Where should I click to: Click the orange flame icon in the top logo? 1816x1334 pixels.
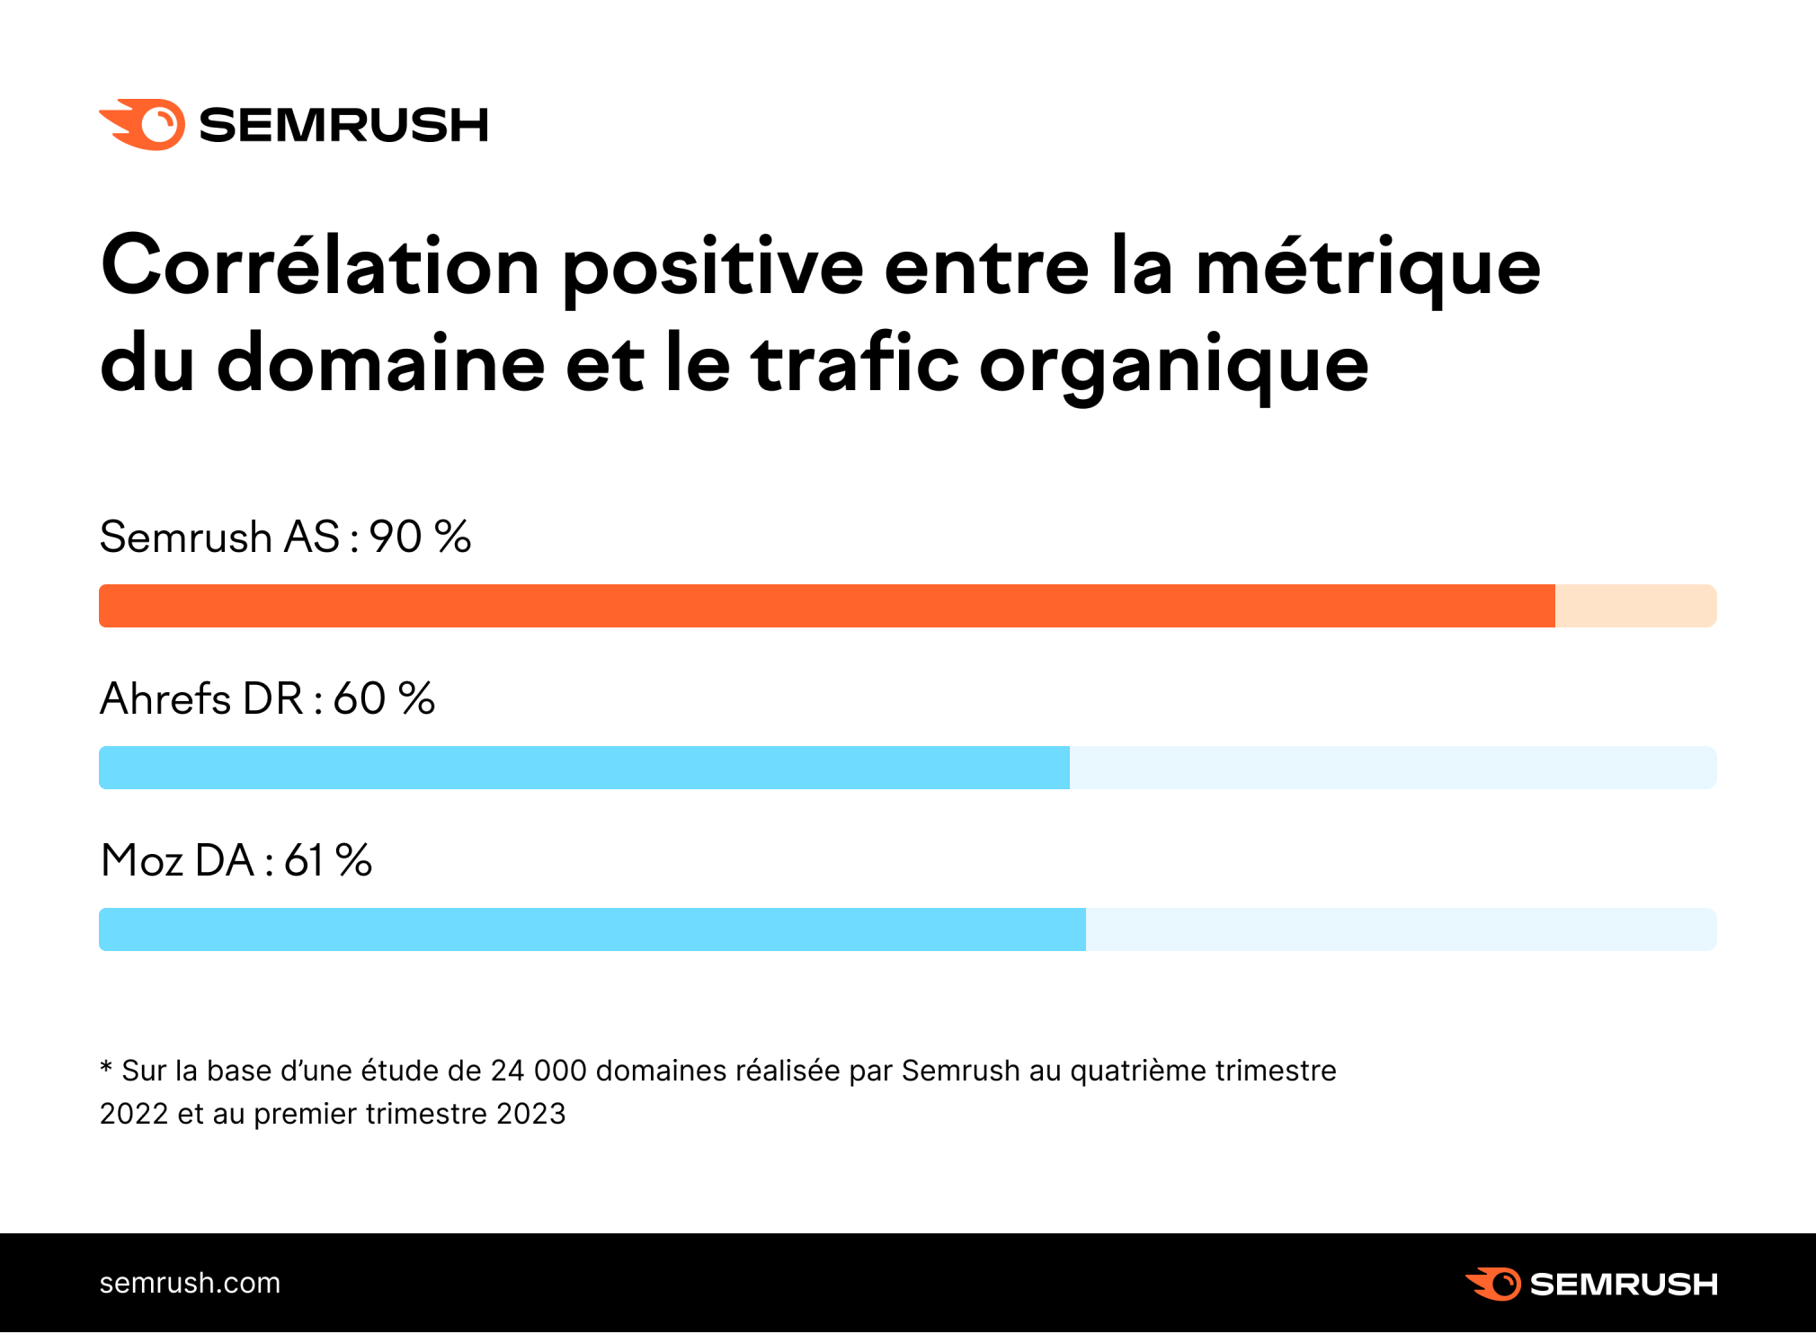click(x=144, y=124)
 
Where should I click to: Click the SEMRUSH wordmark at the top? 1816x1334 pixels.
click(x=343, y=125)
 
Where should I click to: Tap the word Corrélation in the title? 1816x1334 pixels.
click(x=320, y=266)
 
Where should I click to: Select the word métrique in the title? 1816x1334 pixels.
click(x=1367, y=268)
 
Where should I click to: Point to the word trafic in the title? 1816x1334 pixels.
click(x=855, y=363)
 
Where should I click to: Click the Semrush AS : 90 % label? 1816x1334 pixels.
click(x=285, y=538)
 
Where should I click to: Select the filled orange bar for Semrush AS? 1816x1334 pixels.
click(x=826, y=606)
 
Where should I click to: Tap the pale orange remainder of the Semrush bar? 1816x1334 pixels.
click(x=1635, y=606)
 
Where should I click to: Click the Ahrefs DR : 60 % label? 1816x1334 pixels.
click(x=267, y=698)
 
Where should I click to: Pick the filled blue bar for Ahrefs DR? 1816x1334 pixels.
click(x=583, y=768)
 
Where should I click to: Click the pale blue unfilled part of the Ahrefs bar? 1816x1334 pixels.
click(x=1393, y=768)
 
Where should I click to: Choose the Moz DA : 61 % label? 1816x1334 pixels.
click(x=236, y=860)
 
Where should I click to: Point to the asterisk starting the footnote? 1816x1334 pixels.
click(x=106, y=1068)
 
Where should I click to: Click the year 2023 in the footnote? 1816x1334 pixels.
click(x=530, y=1114)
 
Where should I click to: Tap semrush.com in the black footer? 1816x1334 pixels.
click(x=190, y=1283)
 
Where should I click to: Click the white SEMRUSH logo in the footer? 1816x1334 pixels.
click(x=1591, y=1284)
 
